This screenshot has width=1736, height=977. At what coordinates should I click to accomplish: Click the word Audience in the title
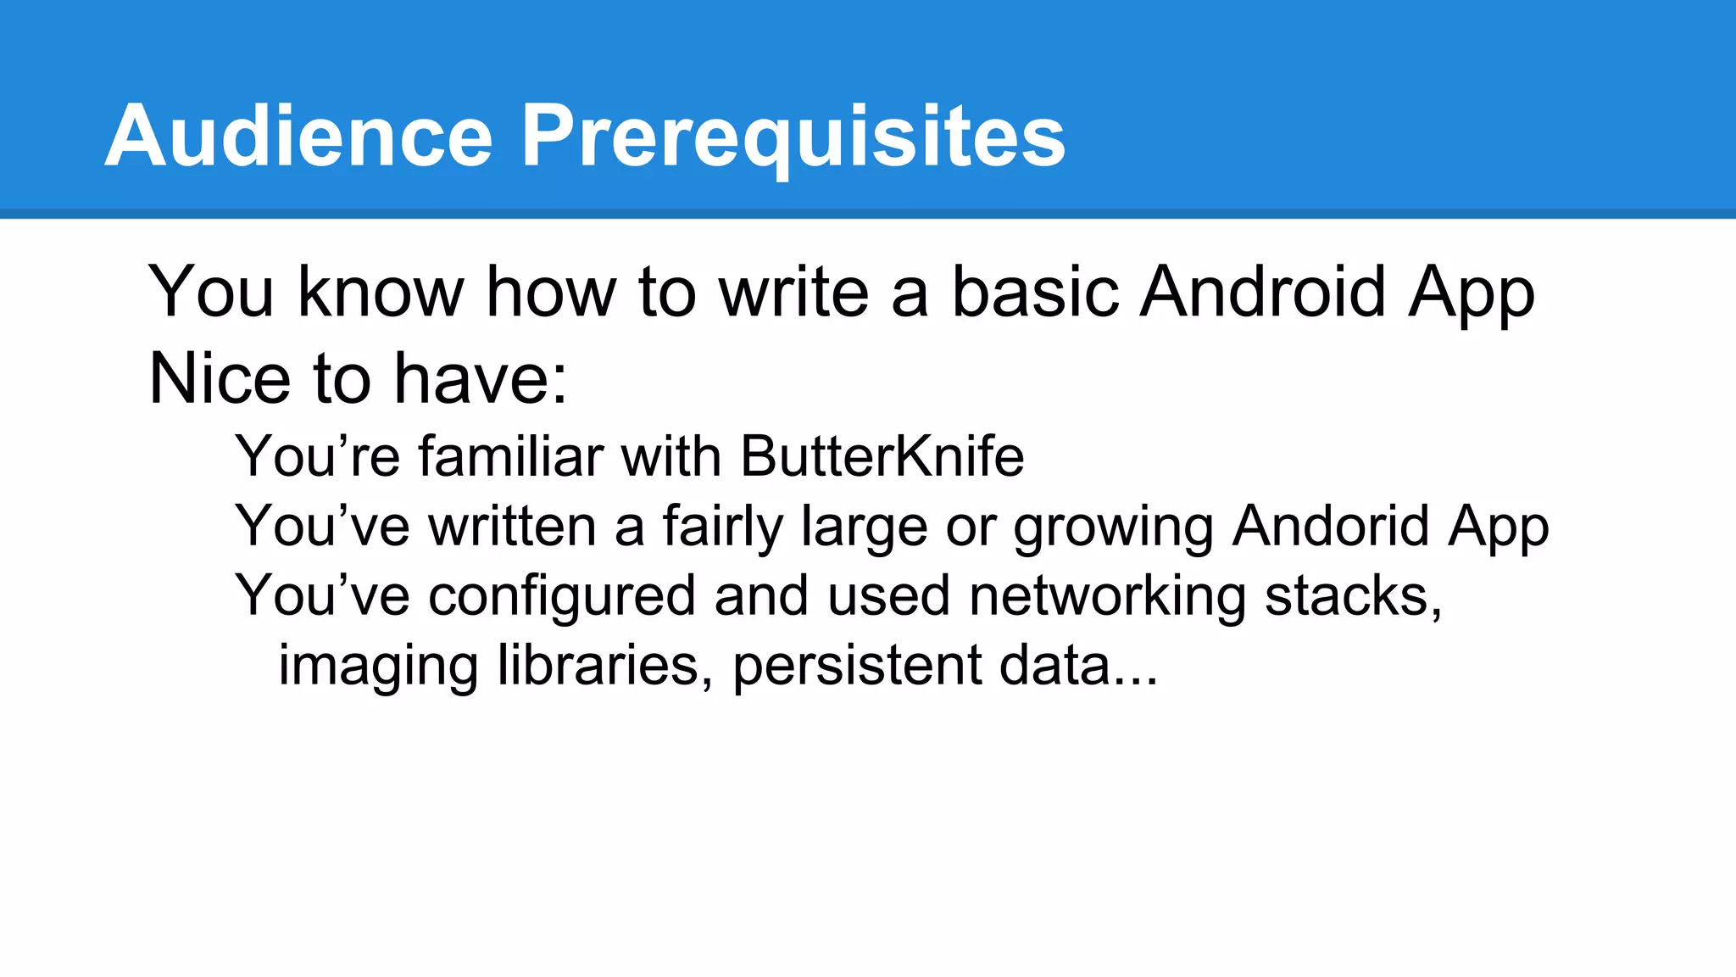click(298, 136)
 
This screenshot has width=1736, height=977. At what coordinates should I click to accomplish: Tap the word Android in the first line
click(1264, 292)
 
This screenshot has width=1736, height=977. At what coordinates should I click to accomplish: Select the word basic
click(1035, 292)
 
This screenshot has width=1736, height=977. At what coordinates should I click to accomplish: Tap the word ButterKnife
click(882, 456)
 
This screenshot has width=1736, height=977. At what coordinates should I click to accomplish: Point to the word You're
click(317, 456)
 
